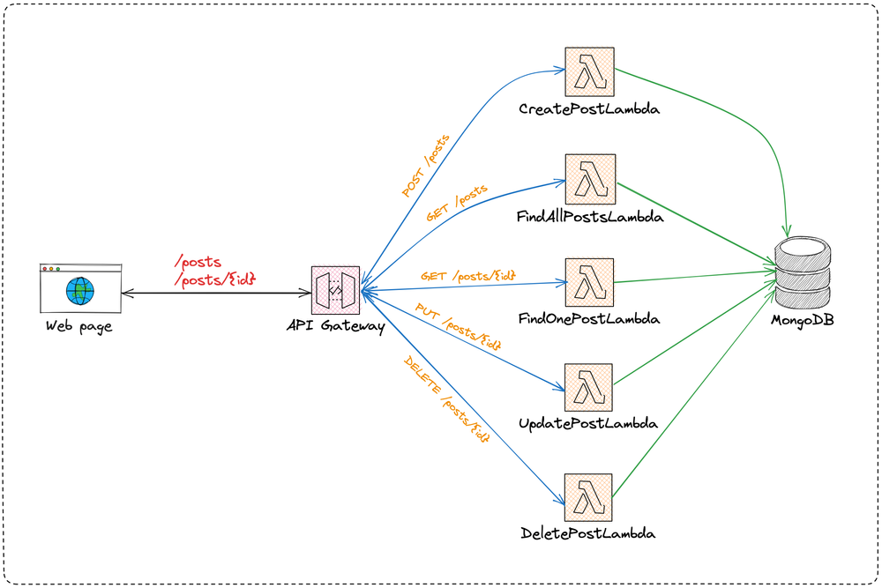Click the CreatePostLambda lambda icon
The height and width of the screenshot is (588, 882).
point(589,72)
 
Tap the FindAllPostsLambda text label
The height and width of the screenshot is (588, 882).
point(589,216)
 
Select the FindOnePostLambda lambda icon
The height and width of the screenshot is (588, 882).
point(589,282)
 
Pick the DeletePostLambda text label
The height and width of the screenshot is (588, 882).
point(588,533)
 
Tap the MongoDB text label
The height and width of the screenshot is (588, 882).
point(803,320)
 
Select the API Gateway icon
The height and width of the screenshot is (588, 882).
point(335,291)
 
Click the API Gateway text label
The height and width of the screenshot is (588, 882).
point(335,327)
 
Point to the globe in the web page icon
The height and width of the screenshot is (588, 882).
point(80,290)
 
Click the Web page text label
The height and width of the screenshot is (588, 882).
point(79,327)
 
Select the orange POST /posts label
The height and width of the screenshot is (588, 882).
point(427,166)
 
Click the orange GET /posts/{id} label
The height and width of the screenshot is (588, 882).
point(467,275)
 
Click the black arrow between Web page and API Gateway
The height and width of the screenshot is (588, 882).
point(216,293)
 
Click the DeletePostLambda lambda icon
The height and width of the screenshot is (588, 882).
point(588,498)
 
